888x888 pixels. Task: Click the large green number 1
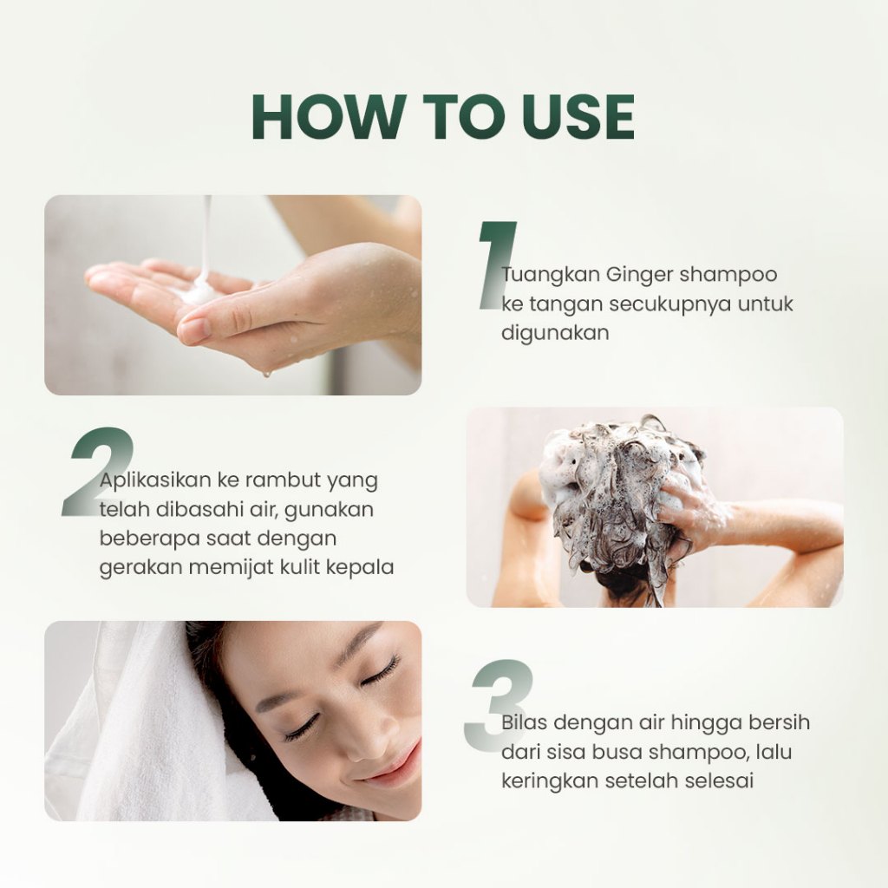[x=497, y=265]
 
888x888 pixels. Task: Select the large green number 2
[x=97, y=472]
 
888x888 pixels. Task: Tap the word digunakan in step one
[x=547, y=333]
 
